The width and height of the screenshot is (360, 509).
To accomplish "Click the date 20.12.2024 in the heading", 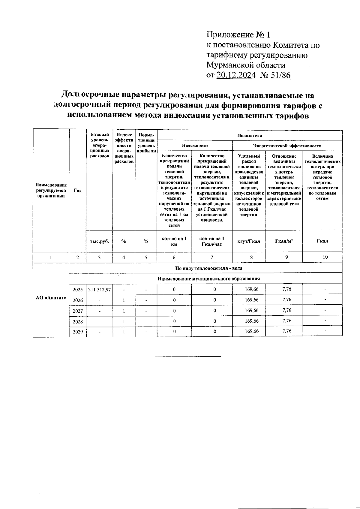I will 236,75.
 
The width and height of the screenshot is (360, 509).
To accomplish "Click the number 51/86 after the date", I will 280,75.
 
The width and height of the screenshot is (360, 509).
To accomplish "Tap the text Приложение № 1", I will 238,35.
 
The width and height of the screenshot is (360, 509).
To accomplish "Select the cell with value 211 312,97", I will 99,290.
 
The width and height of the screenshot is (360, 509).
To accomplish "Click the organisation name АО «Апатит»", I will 51,300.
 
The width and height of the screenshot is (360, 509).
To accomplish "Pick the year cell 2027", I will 77,311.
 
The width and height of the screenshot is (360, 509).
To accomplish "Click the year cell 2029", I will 77,332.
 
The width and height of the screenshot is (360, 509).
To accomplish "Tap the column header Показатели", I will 250,135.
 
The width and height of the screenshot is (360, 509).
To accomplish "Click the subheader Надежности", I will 195,146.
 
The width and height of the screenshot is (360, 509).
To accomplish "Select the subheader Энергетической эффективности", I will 287,146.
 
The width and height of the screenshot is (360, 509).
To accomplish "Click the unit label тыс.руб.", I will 99,241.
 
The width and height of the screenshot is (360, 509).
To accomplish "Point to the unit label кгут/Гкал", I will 249,241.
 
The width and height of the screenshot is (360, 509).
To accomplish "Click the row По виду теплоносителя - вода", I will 208,268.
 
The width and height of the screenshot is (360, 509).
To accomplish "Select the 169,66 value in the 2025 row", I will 251,289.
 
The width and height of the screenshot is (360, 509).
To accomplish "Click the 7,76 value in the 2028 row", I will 287,321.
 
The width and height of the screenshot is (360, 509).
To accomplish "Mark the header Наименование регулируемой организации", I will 51,191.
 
